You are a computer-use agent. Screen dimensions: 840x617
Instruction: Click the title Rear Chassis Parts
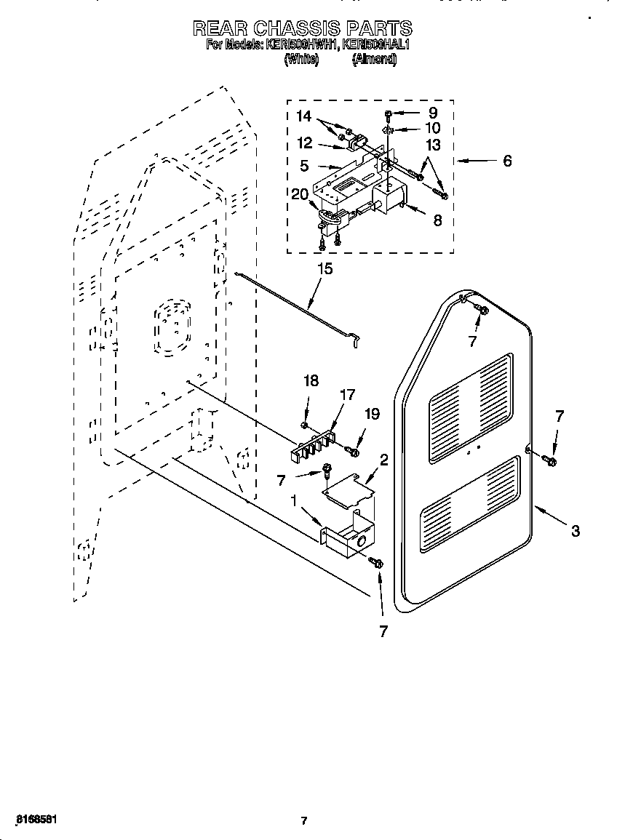point(302,28)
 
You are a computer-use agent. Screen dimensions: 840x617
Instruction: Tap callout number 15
point(325,269)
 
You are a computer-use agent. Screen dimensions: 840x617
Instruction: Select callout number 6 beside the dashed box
point(507,161)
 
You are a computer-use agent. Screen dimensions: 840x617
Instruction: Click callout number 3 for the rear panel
point(575,531)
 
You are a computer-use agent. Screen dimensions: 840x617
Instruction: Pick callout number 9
point(433,113)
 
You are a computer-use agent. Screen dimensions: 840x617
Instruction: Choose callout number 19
point(372,414)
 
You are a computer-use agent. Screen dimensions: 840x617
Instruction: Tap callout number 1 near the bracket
point(293,500)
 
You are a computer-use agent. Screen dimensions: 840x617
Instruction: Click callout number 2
point(383,460)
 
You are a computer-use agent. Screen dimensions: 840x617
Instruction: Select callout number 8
point(437,220)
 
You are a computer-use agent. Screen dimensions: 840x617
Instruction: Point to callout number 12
point(304,143)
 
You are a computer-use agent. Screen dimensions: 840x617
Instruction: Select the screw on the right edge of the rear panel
point(549,460)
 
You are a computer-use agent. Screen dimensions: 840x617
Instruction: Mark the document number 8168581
point(31,819)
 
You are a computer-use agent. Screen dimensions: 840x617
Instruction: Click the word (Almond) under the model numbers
point(374,60)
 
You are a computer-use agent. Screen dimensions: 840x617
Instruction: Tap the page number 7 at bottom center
point(304,821)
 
